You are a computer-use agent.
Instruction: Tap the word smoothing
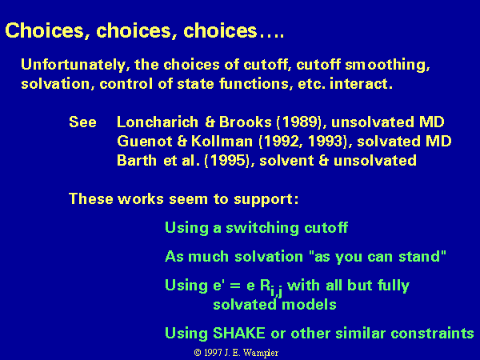click(387, 65)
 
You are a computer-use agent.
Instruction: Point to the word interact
click(361, 83)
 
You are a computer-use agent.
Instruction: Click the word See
click(82, 122)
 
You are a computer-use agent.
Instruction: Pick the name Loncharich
click(158, 122)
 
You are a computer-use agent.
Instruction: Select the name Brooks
click(246, 122)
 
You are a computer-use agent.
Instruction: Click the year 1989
click(299, 122)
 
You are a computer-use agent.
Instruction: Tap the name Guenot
click(145, 141)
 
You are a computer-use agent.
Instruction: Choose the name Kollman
click(222, 141)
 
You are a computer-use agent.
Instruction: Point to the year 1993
click(325, 141)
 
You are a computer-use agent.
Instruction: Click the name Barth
click(137, 161)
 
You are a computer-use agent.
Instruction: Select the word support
click(264, 199)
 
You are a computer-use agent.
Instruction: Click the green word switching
click(262, 228)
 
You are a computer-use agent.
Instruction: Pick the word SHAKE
click(238, 333)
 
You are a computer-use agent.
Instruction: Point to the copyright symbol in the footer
click(198, 353)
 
